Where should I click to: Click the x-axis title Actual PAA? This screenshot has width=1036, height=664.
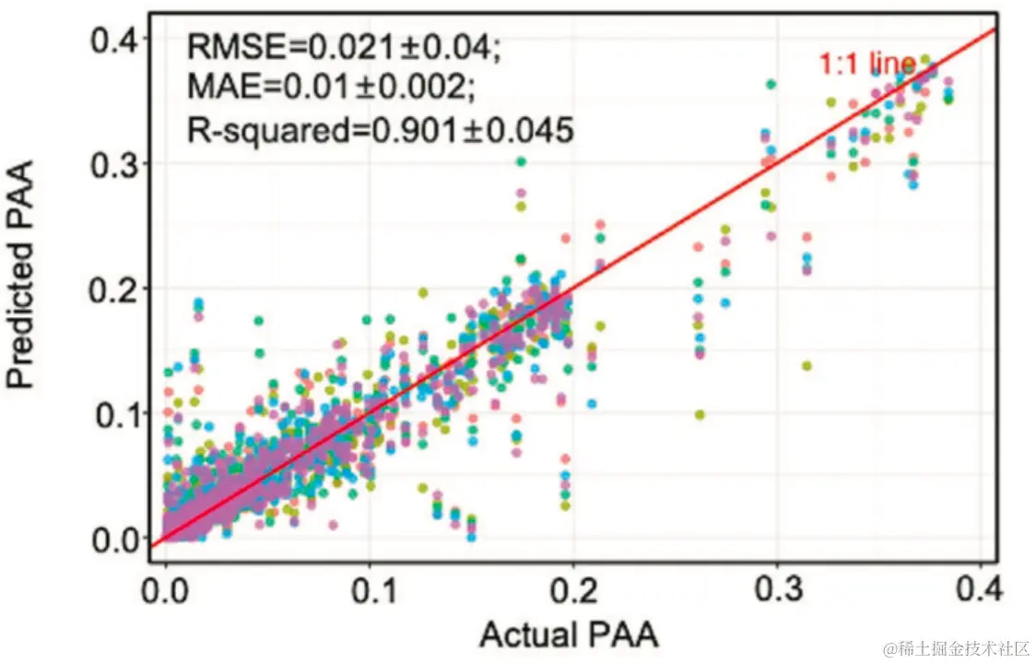pos(569,635)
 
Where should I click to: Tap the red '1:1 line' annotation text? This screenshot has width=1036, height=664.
pos(866,65)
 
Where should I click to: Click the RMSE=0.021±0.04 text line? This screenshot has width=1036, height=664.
pos(346,45)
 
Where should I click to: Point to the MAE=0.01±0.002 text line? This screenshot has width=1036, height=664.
pos(332,88)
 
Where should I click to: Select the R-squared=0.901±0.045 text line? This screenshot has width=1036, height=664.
pos(381,130)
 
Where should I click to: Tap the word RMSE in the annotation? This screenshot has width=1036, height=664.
pos(224,45)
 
